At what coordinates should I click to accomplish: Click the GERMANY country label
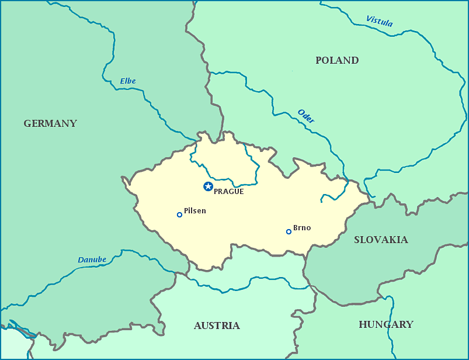tap(50, 123)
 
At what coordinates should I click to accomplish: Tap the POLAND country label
tap(337, 60)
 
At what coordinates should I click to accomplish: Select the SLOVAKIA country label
tap(381, 240)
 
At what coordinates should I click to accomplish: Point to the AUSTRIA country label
tap(217, 326)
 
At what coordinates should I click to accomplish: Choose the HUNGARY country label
tap(386, 324)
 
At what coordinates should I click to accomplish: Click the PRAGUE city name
tap(228, 191)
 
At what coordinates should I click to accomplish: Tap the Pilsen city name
tap(194, 211)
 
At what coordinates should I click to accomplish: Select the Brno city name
tap(302, 227)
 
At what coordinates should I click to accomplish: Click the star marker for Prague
tap(208, 186)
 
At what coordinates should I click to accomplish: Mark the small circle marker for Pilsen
tap(179, 214)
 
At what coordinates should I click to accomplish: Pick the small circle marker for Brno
tap(289, 231)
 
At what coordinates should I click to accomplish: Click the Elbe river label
tap(127, 81)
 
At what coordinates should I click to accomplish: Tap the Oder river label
tap(306, 116)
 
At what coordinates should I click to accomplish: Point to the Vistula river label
tap(379, 22)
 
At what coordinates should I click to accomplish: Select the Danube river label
tap(92, 259)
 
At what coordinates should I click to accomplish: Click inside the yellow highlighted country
tap(245, 222)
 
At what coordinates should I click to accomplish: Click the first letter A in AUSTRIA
tap(198, 326)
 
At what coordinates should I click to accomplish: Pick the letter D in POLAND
tap(355, 60)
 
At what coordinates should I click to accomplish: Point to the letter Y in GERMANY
tap(73, 123)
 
